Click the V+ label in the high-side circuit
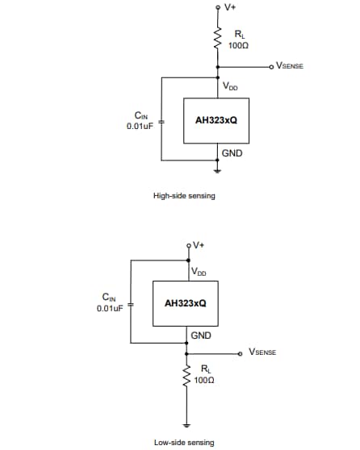point(230,7)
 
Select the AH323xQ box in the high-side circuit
point(216,119)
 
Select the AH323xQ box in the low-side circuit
point(185,304)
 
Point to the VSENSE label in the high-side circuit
point(289,65)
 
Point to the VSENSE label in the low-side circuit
point(262,352)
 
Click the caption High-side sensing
point(184,195)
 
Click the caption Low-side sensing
point(184,442)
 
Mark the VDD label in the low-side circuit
point(199,272)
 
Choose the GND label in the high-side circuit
point(232,152)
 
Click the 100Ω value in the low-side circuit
point(205,379)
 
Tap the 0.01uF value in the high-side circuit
point(140,126)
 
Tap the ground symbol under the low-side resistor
point(186,425)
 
